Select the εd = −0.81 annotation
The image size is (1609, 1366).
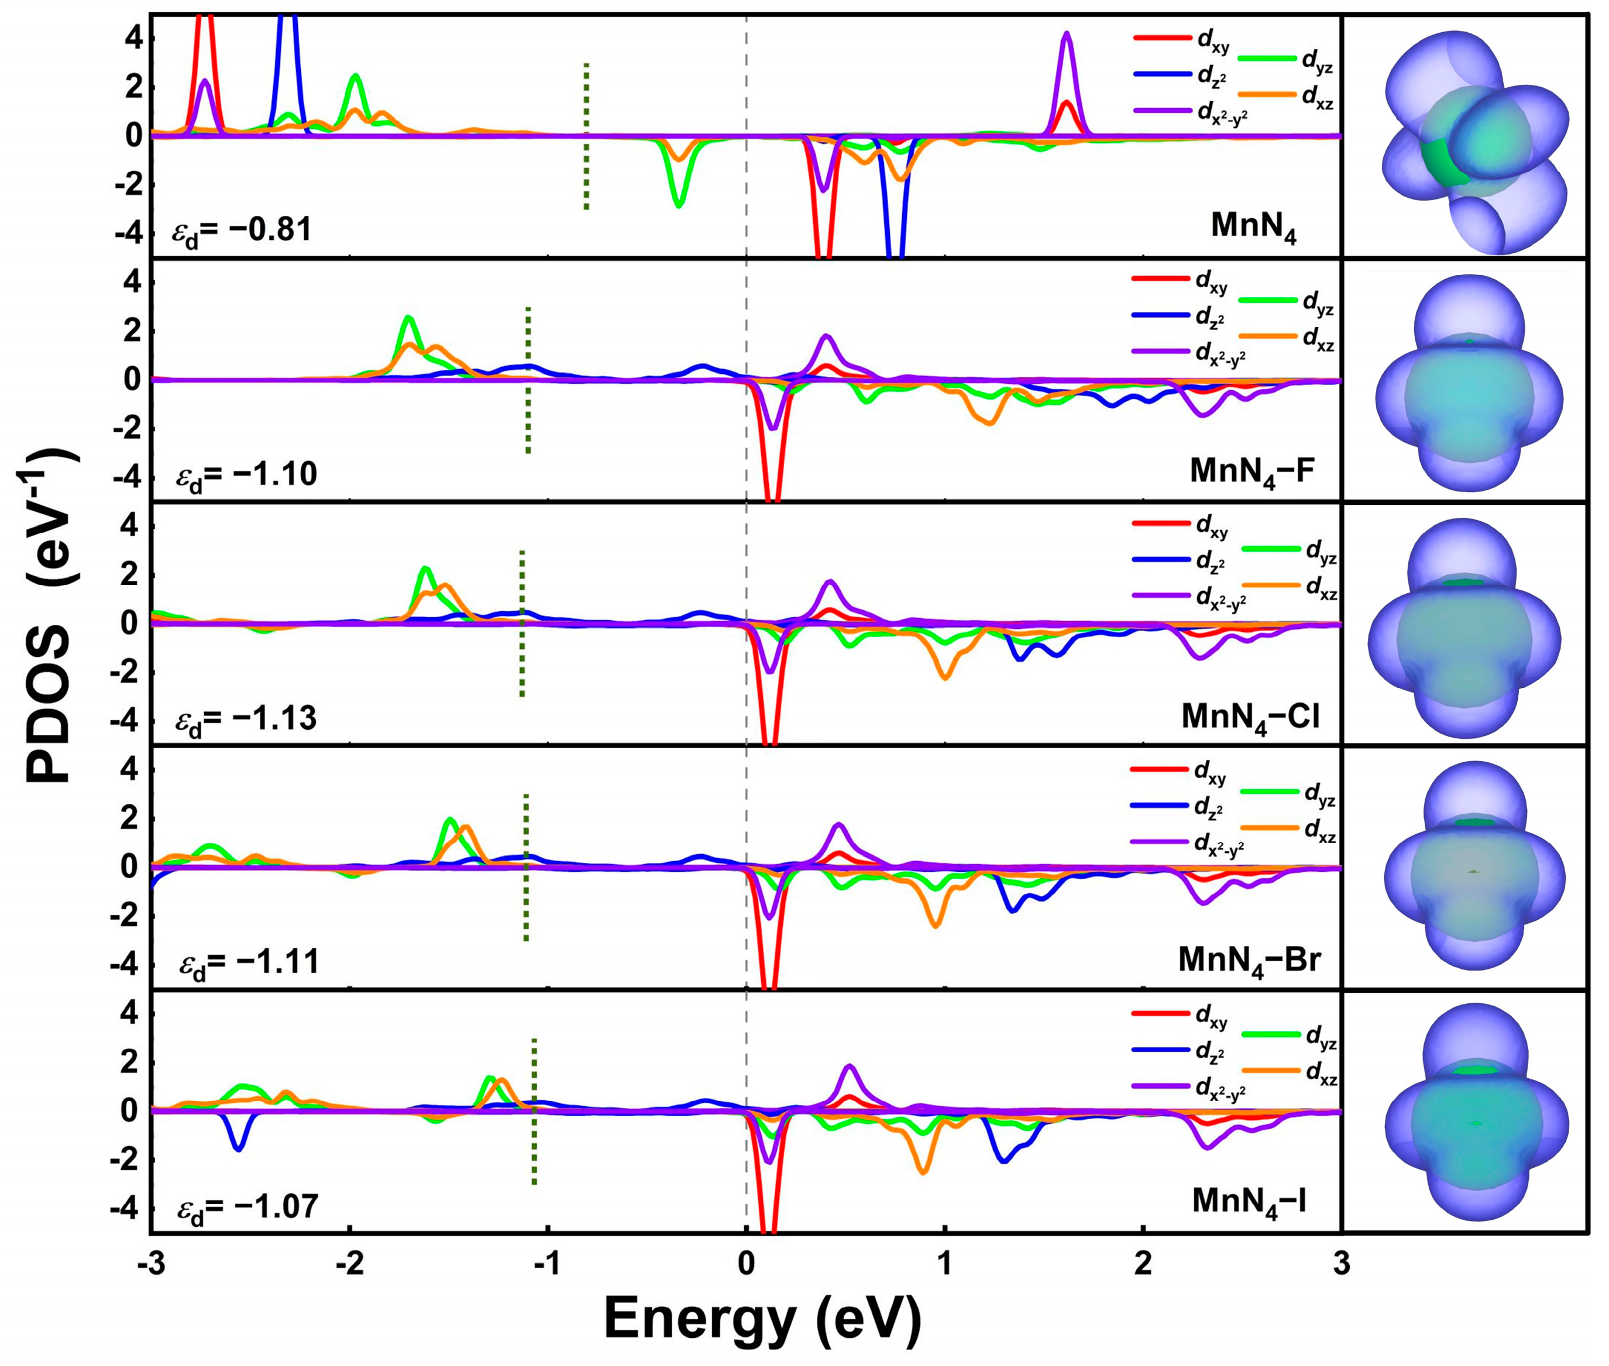tap(242, 230)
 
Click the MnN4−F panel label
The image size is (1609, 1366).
tap(1252, 471)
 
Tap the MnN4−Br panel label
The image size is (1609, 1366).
tap(1249, 960)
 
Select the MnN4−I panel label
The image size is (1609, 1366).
tap(1249, 1201)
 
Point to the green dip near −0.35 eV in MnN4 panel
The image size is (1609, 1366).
tap(678, 203)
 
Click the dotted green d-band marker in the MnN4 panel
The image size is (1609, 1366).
tap(586, 136)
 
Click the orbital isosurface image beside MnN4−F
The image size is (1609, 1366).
tap(1469, 383)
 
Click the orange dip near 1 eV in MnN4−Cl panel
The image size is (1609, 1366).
tap(945, 677)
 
